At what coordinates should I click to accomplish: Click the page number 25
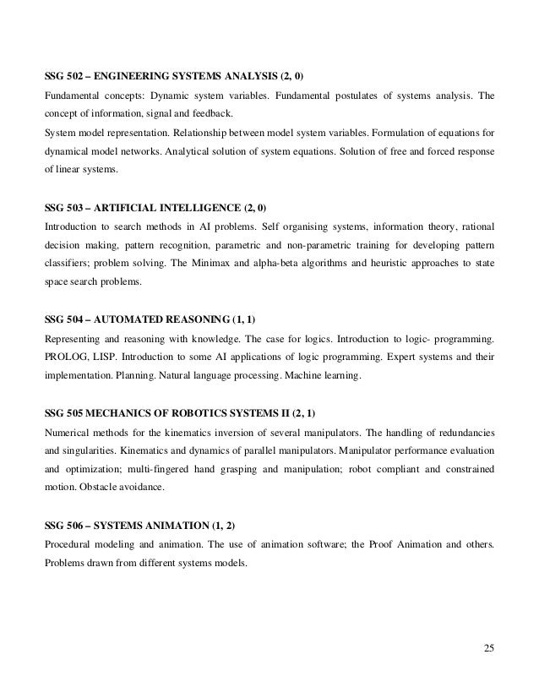(x=489, y=648)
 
